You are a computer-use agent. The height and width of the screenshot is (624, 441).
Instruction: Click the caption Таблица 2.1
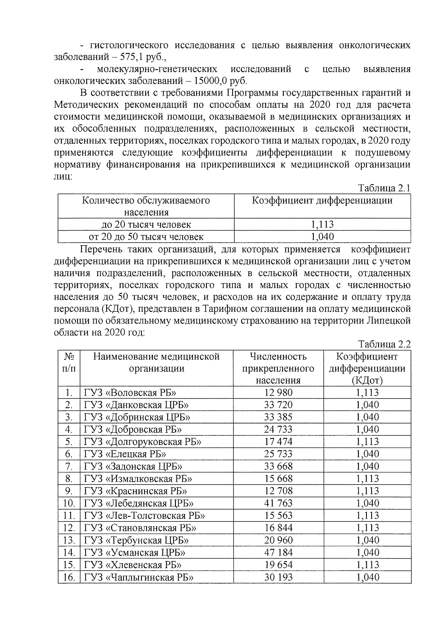click(x=384, y=188)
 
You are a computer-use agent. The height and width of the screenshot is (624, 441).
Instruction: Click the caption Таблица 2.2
click(x=384, y=344)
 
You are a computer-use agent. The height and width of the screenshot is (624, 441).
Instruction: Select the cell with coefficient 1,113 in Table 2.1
click(x=322, y=224)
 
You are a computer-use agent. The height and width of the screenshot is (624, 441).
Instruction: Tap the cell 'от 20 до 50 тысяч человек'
click(x=146, y=236)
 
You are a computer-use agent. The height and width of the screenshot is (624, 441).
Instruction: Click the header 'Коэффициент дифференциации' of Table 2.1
click(x=322, y=201)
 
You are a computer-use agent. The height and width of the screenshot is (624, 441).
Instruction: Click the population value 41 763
click(x=278, y=503)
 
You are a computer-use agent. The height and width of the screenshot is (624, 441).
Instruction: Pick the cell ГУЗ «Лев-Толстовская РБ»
click(x=144, y=516)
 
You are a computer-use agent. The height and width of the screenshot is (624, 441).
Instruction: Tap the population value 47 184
click(x=278, y=552)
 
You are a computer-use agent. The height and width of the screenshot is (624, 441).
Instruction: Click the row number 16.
click(x=69, y=577)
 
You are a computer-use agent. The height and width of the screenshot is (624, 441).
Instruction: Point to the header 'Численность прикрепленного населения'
click(x=278, y=368)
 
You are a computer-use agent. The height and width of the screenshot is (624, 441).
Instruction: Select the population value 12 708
click(x=278, y=491)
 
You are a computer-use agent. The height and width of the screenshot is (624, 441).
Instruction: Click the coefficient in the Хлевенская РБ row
click(x=367, y=565)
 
